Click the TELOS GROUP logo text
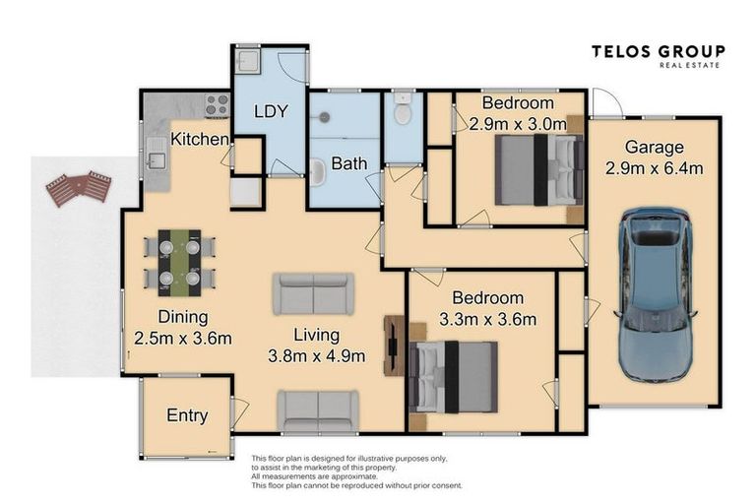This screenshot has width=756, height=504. (x=659, y=51)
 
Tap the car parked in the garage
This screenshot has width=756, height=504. (x=656, y=294)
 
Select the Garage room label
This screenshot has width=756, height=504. (x=654, y=147)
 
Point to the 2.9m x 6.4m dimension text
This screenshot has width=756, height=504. (x=654, y=168)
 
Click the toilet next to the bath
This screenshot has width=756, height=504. (x=403, y=109)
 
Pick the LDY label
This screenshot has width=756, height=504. (x=271, y=111)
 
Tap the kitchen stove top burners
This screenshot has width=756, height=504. (x=217, y=104)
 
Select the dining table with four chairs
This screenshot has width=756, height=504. (x=179, y=263)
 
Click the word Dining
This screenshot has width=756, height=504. (x=183, y=317)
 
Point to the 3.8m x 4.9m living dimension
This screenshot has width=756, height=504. (x=316, y=356)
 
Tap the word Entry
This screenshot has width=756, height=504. (x=187, y=415)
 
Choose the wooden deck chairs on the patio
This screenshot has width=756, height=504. (x=79, y=188)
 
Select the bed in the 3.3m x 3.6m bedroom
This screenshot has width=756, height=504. (x=453, y=377)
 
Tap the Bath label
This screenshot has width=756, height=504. (x=349, y=163)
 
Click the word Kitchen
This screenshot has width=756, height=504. (x=200, y=140)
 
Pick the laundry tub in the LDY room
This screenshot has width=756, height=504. (x=248, y=59)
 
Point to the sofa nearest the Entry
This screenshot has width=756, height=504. (x=318, y=410)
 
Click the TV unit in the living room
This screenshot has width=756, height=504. (x=394, y=346)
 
